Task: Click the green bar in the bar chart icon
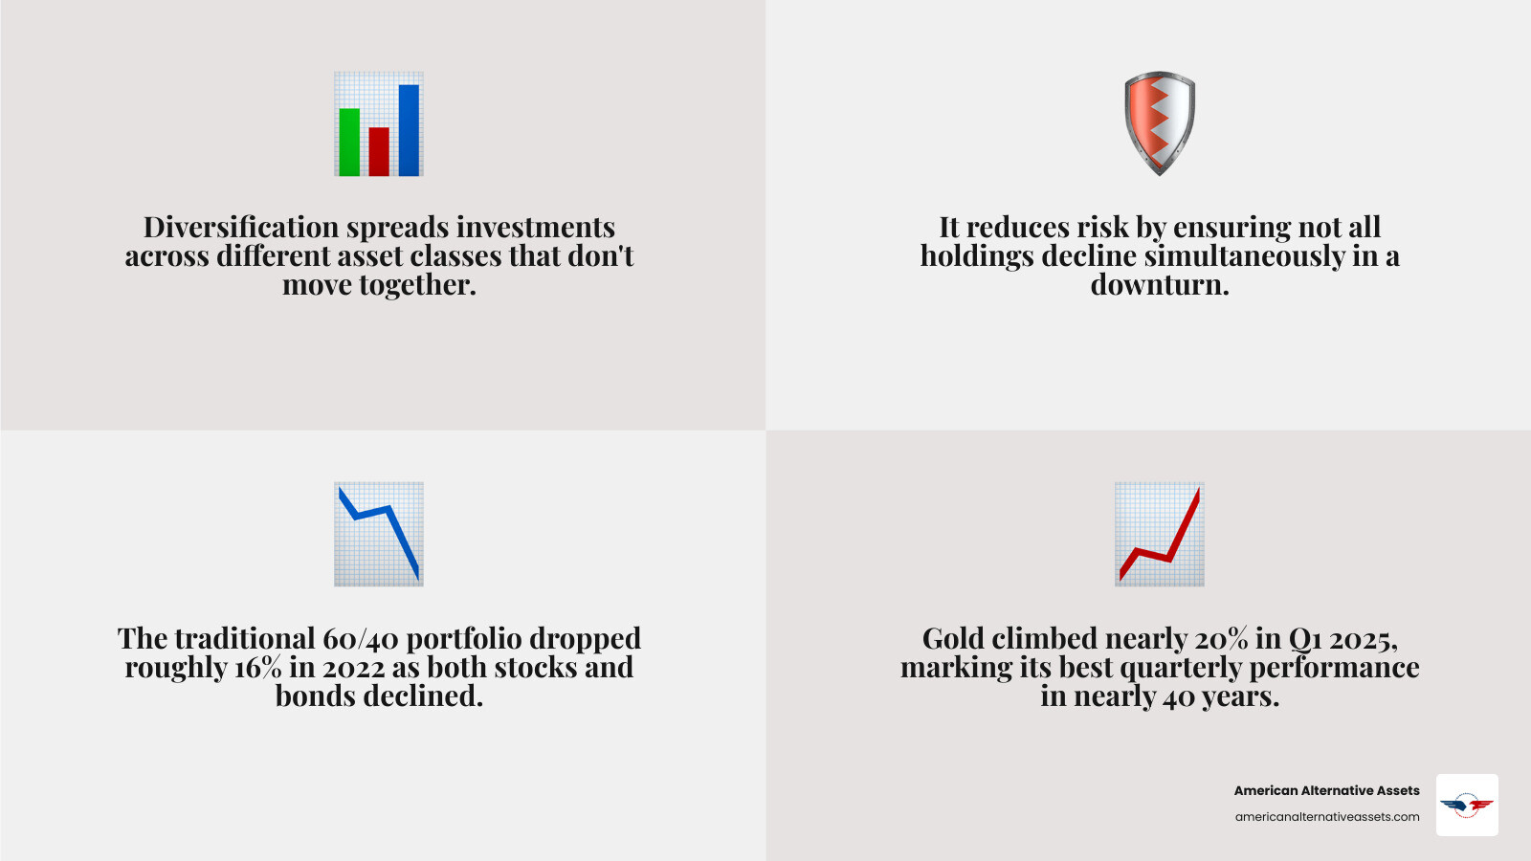pyautogui.click(x=349, y=142)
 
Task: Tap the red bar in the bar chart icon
pyautogui.click(x=379, y=151)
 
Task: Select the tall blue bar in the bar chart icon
pyautogui.click(x=409, y=130)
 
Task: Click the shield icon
pyautogui.click(x=1159, y=122)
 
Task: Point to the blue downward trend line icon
pyautogui.click(x=379, y=534)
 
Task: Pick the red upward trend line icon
pyautogui.click(x=1159, y=534)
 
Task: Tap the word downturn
pyautogui.click(x=1159, y=285)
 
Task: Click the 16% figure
pyautogui.click(x=257, y=668)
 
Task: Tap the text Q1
pyautogui.click(x=1305, y=639)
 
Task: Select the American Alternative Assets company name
pyautogui.click(x=1326, y=790)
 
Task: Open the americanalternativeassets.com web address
pyautogui.click(x=1326, y=817)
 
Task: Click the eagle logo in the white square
pyautogui.click(x=1467, y=806)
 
